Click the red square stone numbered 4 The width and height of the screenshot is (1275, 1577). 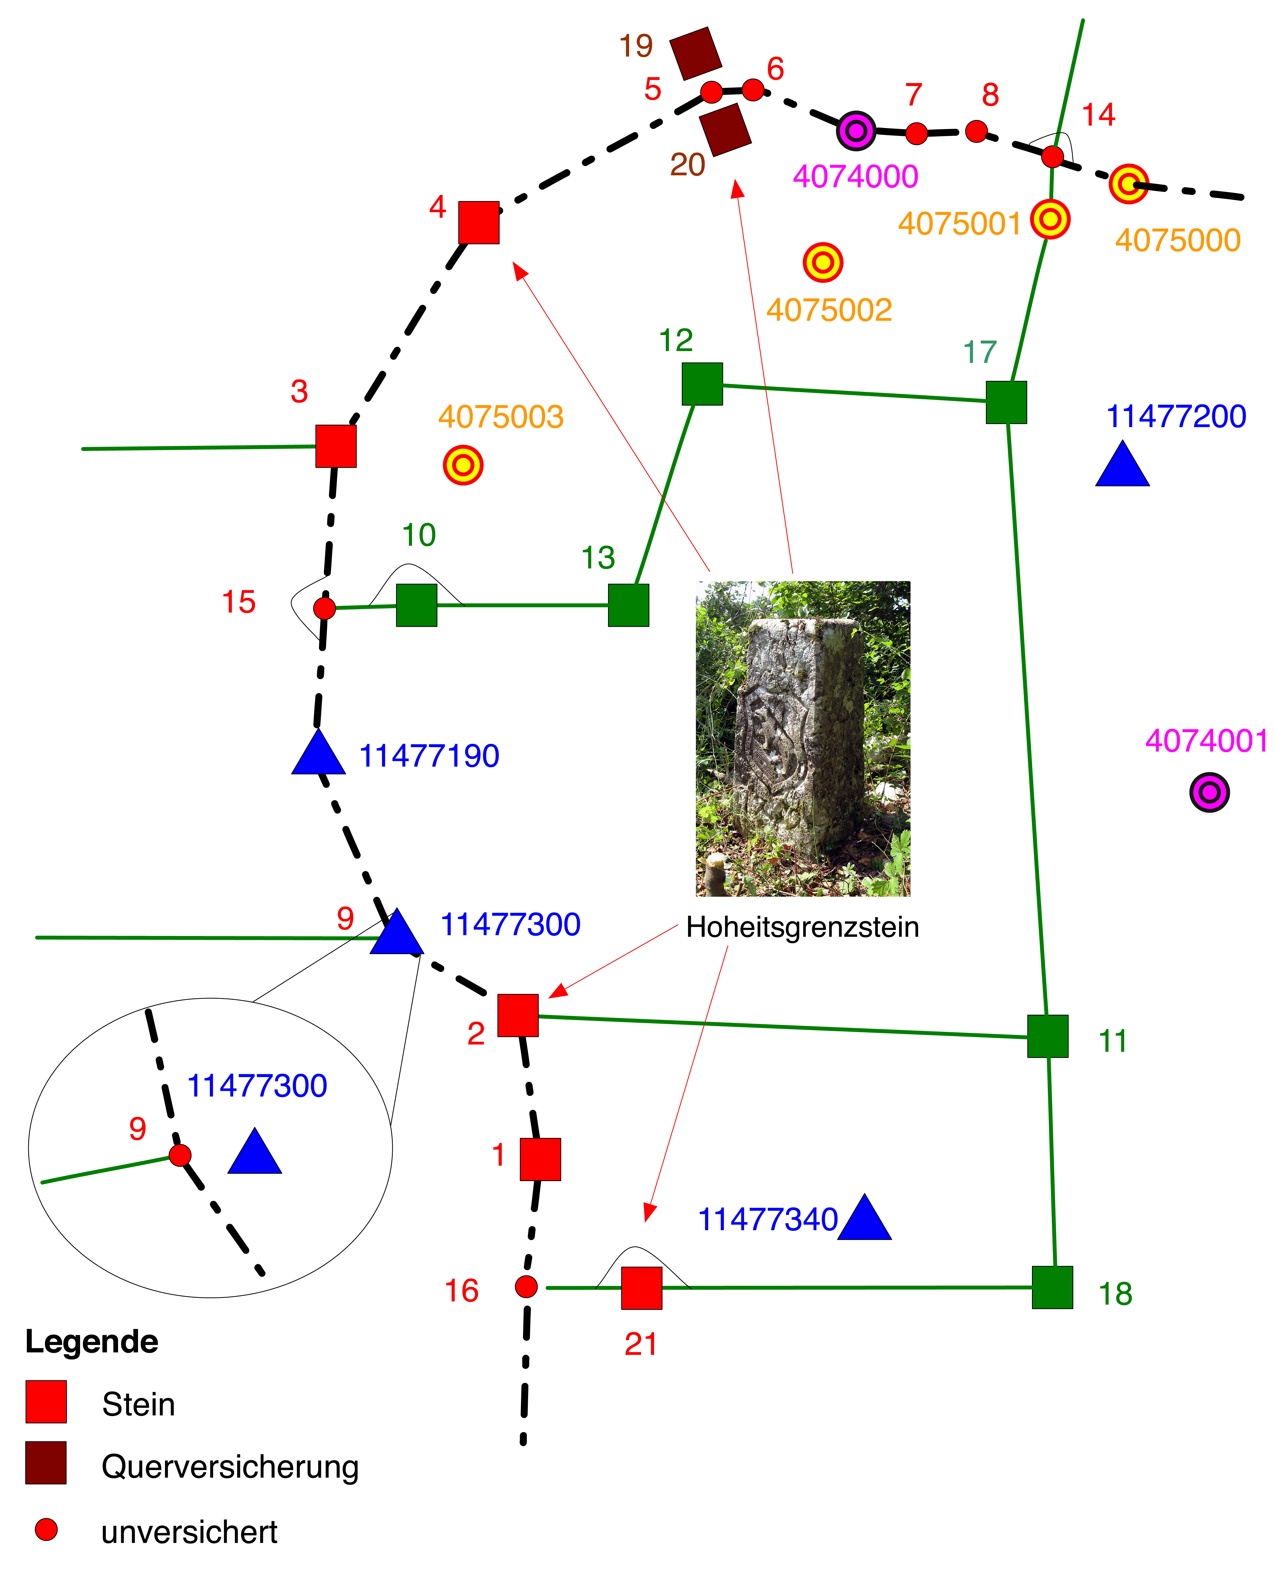tap(479, 222)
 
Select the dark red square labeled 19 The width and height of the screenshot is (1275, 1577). tap(696, 54)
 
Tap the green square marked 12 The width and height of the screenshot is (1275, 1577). tap(702, 384)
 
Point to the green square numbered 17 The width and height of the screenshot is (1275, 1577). tap(1006, 403)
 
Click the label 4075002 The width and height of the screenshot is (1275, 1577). tap(829, 310)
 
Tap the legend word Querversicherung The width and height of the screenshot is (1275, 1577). tap(230, 1467)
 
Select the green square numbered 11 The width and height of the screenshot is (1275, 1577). tap(1048, 1036)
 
